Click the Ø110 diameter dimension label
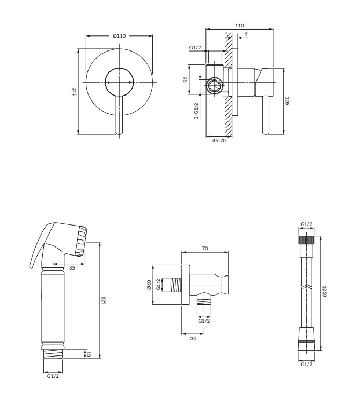pyautogui.click(x=119, y=36)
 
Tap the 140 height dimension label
pyautogui.click(x=75, y=91)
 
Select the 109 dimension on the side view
pyautogui.click(x=287, y=101)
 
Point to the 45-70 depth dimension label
pyautogui.click(x=219, y=140)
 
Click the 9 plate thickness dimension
pyautogui.click(x=246, y=34)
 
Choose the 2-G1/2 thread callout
pyautogui.click(x=196, y=111)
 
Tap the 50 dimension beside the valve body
pyautogui.click(x=186, y=79)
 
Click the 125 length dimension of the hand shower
pyautogui.click(x=103, y=300)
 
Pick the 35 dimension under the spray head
pyautogui.click(x=72, y=267)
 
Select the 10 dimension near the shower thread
pyautogui.click(x=89, y=354)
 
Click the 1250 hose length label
pyautogui.click(x=324, y=292)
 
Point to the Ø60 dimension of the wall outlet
pyautogui.click(x=149, y=285)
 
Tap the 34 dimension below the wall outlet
pyautogui.click(x=193, y=338)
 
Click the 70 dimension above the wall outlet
pyautogui.click(x=205, y=248)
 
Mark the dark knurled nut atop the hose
pyautogui.click(x=306, y=240)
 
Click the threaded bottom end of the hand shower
pyautogui.click(x=53, y=354)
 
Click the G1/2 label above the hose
pyautogui.click(x=306, y=224)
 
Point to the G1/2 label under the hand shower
pyautogui.click(x=53, y=376)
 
